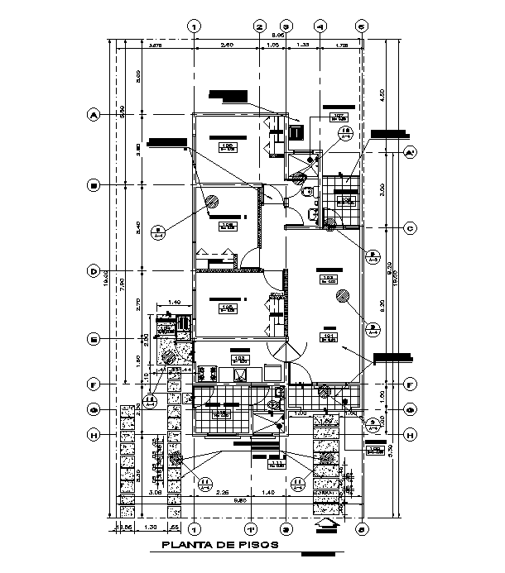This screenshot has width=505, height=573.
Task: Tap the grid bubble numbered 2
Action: click(x=259, y=26)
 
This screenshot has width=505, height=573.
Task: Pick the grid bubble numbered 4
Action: click(x=321, y=26)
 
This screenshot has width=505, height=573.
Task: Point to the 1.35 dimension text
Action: click(x=303, y=45)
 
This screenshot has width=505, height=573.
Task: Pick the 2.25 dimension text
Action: click(x=222, y=493)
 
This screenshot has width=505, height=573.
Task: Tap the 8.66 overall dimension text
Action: click(x=302, y=36)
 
